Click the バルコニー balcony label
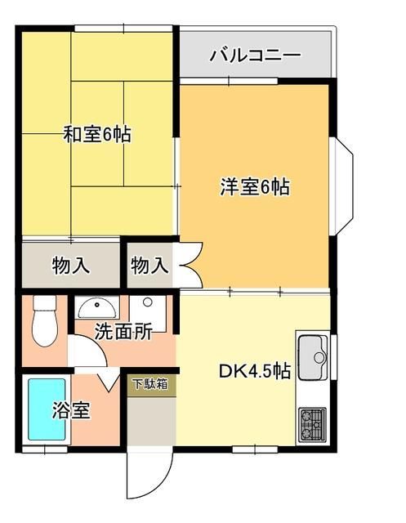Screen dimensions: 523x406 click(255, 56)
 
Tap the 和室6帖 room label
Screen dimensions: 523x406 click(98, 134)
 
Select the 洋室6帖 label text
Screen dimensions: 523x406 click(254, 186)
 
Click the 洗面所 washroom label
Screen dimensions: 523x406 click(123, 332)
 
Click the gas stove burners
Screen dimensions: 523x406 click(312, 422)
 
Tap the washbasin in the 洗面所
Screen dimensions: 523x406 click(97, 307)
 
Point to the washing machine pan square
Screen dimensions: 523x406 click(149, 311)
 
